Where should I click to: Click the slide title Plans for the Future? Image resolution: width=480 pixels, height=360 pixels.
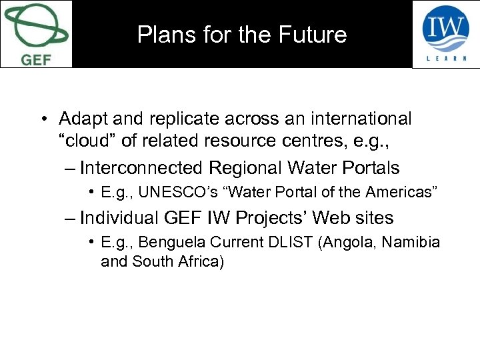[x=242, y=35]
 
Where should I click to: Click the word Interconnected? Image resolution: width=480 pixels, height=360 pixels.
[x=141, y=167]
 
